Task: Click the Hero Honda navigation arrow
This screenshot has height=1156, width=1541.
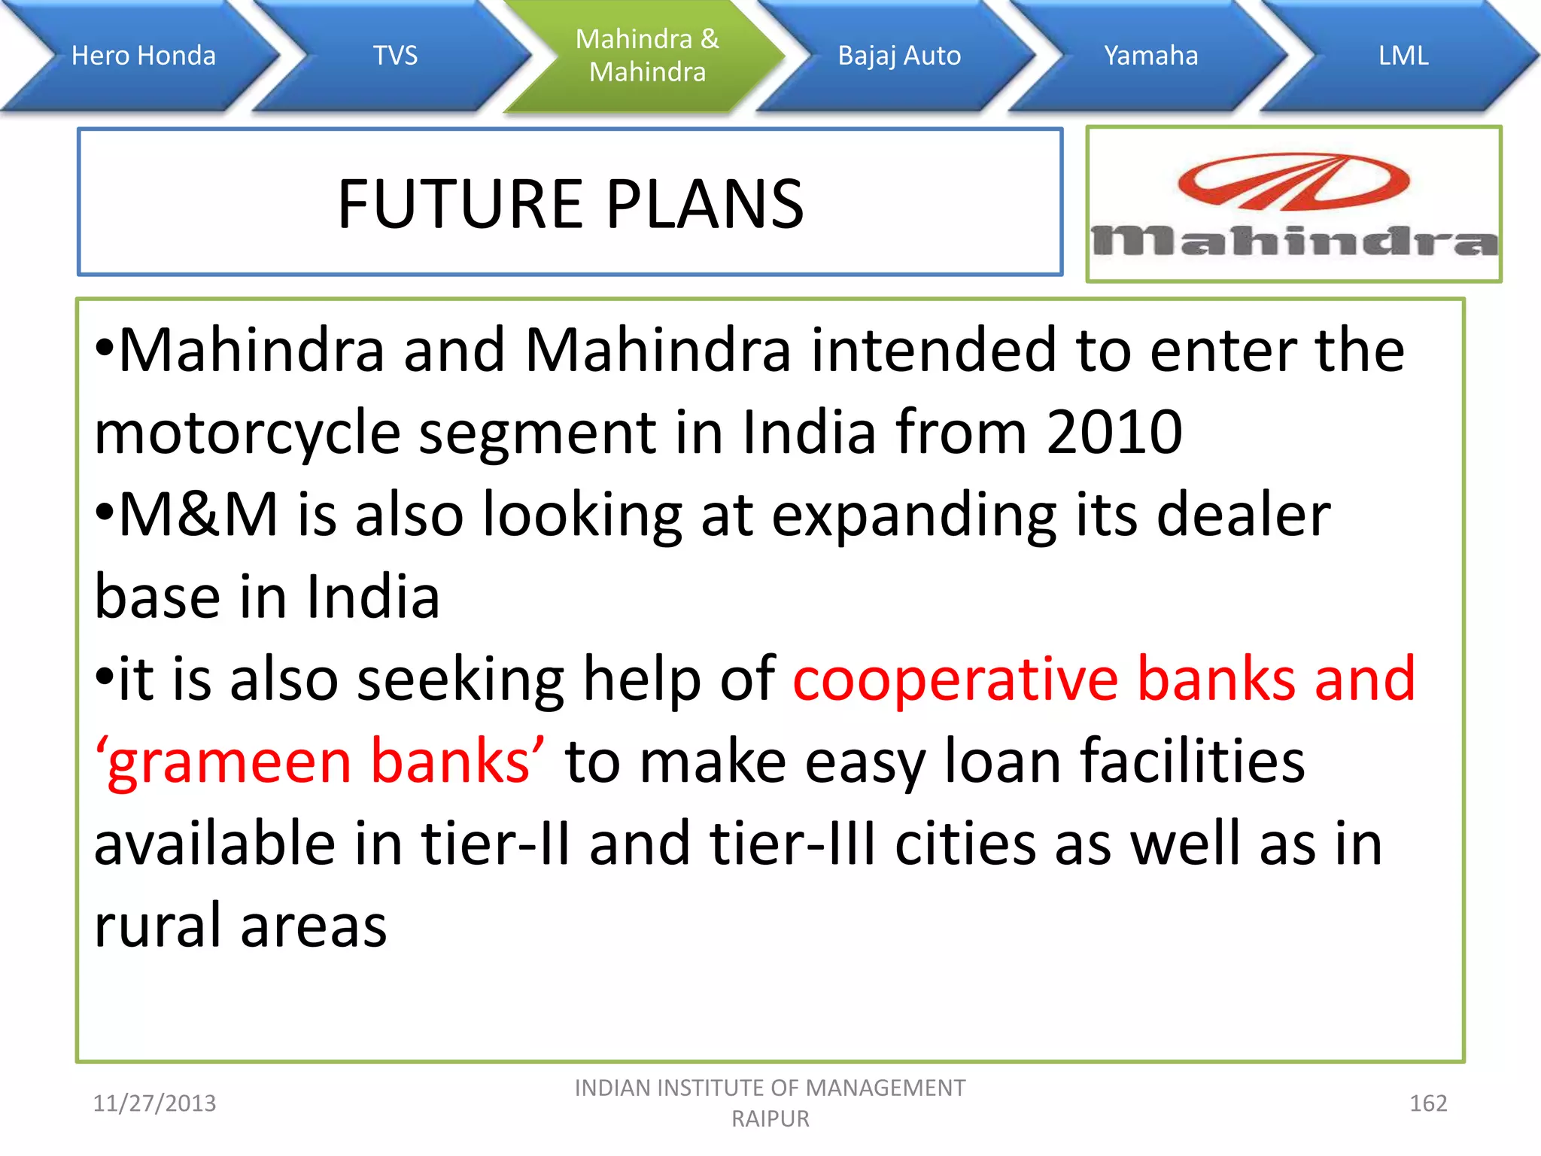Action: tap(143, 56)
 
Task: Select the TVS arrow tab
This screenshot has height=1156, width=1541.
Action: tap(395, 56)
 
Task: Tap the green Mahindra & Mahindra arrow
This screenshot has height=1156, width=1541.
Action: tap(647, 56)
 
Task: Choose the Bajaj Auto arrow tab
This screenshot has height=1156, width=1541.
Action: tap(899, 56)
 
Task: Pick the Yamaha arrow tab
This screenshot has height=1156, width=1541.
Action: tap(1150, 56)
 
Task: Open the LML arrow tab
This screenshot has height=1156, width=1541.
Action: tap(1403, 56)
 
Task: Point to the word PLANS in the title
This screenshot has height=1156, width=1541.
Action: tap(705, 204)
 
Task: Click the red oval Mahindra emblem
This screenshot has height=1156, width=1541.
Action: tap(1293, 181)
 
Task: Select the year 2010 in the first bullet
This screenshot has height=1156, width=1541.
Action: tap(1114, 433)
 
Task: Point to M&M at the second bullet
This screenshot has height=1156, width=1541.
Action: tap(198, 515)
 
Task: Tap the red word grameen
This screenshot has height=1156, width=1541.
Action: tap(229, 762)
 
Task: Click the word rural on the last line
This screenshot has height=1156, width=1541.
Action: tap(157, 926)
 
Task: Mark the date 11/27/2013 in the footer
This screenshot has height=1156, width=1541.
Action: tap(154, 1103)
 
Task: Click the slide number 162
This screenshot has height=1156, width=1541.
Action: tap(1427, 1103)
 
